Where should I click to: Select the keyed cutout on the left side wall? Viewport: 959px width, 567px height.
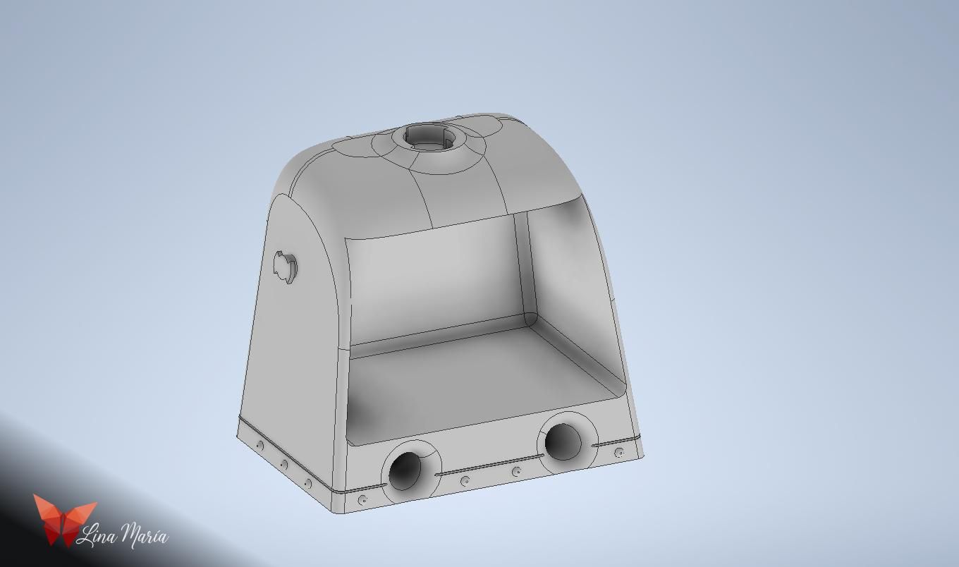(x=286, y=267)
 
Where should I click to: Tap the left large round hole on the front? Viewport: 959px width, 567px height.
(x=405, y=470)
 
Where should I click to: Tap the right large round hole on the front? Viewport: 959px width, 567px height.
(x=563, y=441)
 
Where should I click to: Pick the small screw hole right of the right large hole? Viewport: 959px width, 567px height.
(x=619, y=452)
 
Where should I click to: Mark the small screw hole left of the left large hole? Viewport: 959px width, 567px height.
(x=363, y=499)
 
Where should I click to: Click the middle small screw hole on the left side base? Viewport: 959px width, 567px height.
(x=283, y=463)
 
